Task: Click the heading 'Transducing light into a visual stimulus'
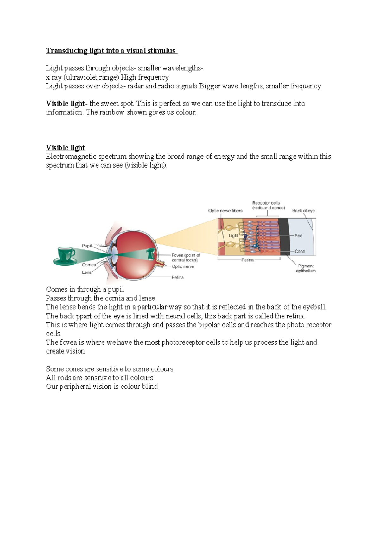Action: [111, 51]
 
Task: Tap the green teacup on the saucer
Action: [66, 255]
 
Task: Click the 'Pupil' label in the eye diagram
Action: [87, 246]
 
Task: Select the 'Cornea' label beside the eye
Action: [89, 265]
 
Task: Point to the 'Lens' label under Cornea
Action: [87, 272]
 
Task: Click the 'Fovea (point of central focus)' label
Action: [186, 257]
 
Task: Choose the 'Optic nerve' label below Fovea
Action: [183, 266]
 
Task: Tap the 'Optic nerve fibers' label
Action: [225, 210]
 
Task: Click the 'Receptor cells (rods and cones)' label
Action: [268, 205]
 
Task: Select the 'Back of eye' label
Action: [303, 210]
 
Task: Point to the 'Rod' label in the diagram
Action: [298, 235]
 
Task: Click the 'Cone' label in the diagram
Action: [300, 251]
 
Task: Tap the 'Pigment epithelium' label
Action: [306, 268]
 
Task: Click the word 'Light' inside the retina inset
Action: [233, 235]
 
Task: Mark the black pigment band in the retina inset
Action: [285, 236]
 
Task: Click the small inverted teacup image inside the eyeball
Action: [151, 253]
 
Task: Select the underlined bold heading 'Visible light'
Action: [66, 148]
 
